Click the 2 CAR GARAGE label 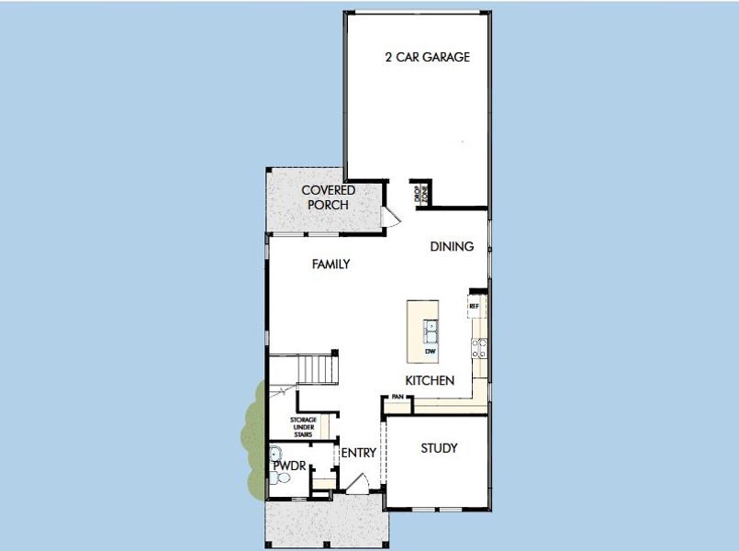(427, 57)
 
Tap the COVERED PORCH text (328, 197)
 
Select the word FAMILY (330, 264)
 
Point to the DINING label (452, 246)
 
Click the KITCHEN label (430, 380)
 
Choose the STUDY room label (439, 448)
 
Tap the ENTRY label (359, 453)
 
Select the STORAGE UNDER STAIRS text (304, 427)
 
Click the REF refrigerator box (475, 305)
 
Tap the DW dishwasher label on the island (429, 351)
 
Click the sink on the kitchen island (429, 327)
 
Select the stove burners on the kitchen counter (478, 347)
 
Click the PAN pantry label (397, 397)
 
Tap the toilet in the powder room (283, 479)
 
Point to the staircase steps (319, 370)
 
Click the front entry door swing (361, 481)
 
